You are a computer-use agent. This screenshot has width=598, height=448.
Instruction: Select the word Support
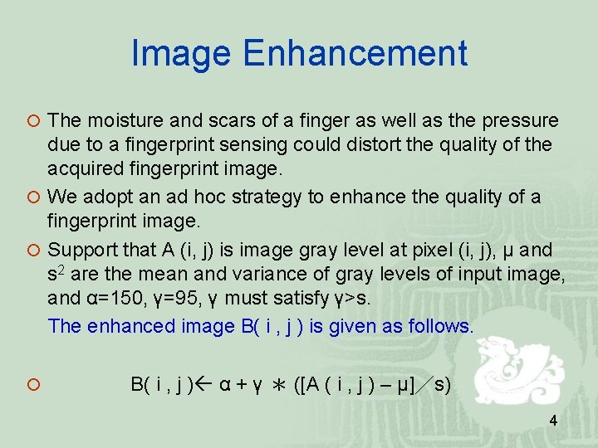click(x=81, y=250)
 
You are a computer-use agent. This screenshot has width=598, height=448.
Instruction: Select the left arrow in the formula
click(x=205, y=384)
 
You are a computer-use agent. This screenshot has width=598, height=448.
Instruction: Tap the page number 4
click(x=553, y=421)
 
